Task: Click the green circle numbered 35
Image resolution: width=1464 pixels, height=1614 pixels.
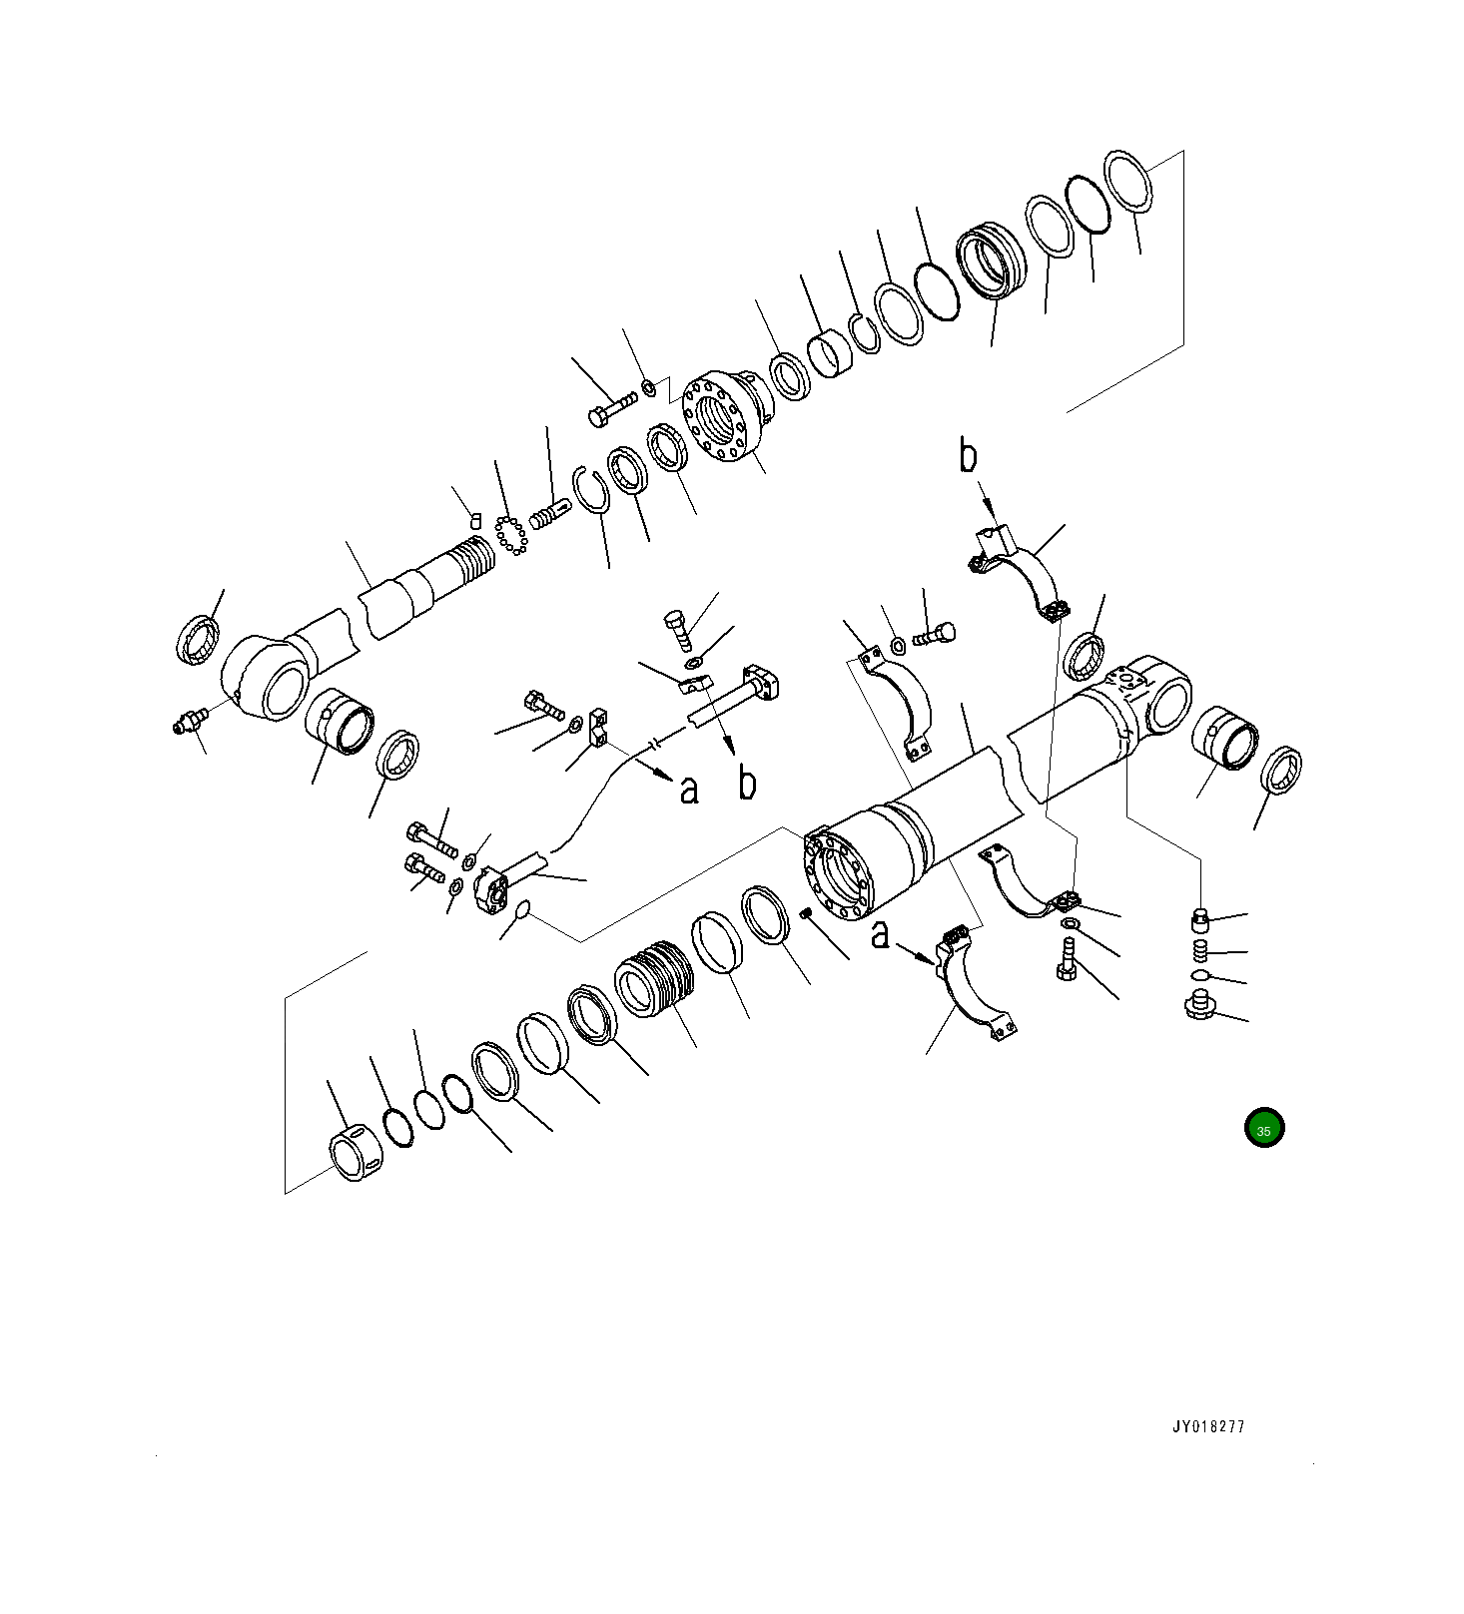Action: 1263,1129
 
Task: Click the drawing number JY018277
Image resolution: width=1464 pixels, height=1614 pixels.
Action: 1208,1426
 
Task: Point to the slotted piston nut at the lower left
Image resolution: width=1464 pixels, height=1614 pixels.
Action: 355,1154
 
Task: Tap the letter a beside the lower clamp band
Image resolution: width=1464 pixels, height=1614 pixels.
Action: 880,935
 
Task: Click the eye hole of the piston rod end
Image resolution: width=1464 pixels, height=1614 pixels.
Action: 284,692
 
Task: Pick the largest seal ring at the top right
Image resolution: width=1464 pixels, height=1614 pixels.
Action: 1128,181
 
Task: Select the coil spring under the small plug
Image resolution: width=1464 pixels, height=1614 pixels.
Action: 1201,948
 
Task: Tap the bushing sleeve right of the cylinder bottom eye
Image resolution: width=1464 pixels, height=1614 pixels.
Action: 1225,737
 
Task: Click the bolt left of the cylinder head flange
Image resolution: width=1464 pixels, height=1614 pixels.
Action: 612,407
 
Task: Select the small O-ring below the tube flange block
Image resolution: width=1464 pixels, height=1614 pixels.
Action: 522,909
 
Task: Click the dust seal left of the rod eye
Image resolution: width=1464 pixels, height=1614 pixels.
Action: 198,641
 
